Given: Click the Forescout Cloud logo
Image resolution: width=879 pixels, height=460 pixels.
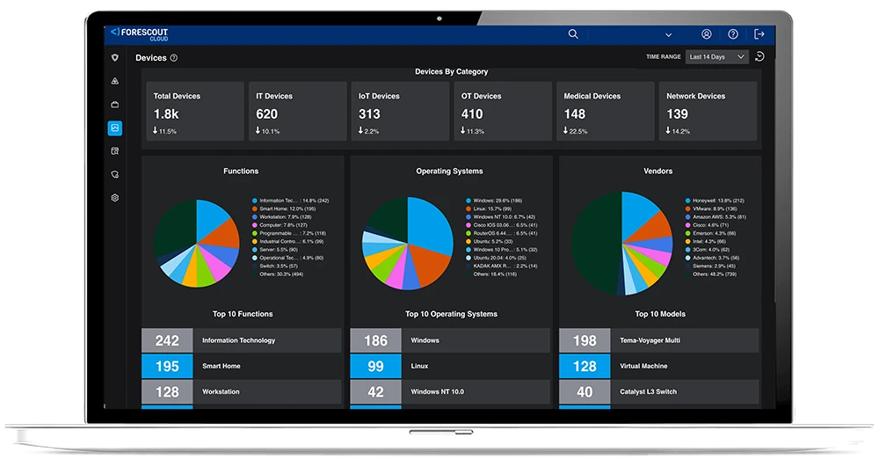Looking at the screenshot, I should [x=139, y=33].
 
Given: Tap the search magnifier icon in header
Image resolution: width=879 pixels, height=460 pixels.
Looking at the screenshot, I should [x=573, y=34].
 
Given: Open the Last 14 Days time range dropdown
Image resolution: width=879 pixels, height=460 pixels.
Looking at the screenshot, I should [x=717, y=57].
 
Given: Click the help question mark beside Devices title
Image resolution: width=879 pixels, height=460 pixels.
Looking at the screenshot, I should [x=174, y=58].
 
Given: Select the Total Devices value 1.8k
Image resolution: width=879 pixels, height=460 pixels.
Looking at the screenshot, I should [x=165, y=113].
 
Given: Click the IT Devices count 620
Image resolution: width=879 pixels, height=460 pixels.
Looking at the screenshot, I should [x=266, y=113].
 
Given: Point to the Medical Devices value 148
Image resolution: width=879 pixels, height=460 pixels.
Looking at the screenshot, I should [x=575, y=113].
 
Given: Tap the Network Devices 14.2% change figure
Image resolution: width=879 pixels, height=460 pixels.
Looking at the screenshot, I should [x=679, y=131].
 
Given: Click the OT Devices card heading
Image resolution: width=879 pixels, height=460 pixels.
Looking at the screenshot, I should [x=481, y=96].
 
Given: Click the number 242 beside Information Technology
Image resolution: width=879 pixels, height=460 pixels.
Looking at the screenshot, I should [x=167, y=340].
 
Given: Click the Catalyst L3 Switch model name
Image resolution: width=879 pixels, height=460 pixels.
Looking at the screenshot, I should [x=649, y=391].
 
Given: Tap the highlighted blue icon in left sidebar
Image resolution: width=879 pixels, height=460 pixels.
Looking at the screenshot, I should [x=114, y=128].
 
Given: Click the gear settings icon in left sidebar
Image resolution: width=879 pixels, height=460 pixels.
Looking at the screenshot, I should [x=114, y=198].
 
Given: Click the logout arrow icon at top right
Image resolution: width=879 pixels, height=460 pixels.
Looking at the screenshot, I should [x=759, y=34].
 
